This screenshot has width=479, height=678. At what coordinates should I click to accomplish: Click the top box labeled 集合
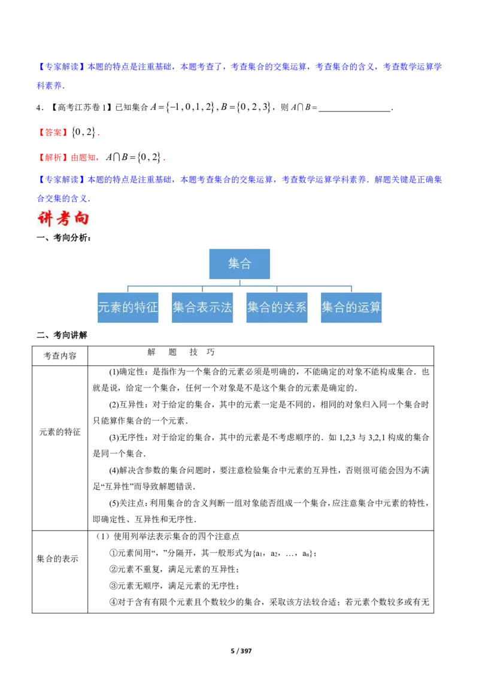click(x=239, y=264)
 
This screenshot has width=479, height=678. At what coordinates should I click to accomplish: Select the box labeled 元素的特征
click(x=128, y=308)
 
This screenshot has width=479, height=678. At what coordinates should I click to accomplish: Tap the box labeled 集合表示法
click(x=202, y=308)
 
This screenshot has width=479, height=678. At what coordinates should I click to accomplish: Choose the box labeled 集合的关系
click(x=277, y=308)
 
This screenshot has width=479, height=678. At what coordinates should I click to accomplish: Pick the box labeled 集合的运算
click(x=351, y=308)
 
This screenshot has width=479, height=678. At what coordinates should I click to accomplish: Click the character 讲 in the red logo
click(x=46, y=219)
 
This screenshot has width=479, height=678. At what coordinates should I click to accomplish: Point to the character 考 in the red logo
click(x=62, y=219)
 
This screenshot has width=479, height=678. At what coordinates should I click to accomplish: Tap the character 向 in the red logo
click(x=80, y=219)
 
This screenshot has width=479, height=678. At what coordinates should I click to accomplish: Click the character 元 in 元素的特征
click(x=105, y=308)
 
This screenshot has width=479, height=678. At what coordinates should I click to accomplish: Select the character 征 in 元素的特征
click(x=152, y=308)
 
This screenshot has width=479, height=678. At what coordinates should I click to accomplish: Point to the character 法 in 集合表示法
click(x=226, y=308)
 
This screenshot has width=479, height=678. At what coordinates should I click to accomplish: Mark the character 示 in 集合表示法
click(x=214, y=308)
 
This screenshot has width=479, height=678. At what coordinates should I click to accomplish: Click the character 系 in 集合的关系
click(x=301, y=308)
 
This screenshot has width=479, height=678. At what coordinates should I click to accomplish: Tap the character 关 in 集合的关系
click(x=289, y=308)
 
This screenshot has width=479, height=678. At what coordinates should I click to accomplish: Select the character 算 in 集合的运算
click(x=375, y=308)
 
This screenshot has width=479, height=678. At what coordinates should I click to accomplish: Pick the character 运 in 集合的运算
click(x=363, y=308)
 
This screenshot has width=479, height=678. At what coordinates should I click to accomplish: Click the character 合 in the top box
click(x=245, y=264)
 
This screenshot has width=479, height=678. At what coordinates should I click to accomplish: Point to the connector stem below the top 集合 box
click(x=239, y=283)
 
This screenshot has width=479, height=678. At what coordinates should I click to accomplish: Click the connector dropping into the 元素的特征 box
click(x=128, y=289)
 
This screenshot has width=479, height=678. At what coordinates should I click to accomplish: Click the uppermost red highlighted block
click(x=53, y=132)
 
